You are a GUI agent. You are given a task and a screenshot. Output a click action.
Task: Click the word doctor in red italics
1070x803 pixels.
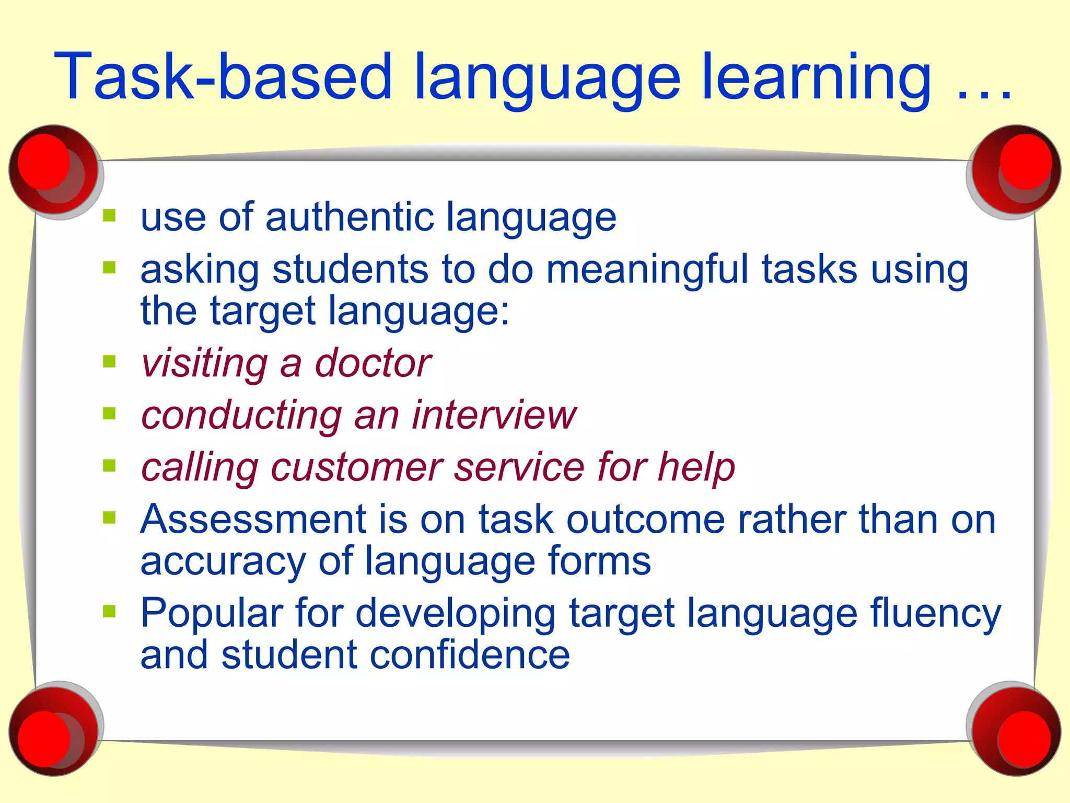click(x=373, y=363)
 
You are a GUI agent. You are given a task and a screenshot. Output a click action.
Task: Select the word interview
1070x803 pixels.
click(x=493, y=415)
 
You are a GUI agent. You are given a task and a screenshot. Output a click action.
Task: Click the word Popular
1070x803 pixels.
click(x=211, y=613)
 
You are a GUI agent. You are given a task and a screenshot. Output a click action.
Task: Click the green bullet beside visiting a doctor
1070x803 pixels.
click(x=109, y=361)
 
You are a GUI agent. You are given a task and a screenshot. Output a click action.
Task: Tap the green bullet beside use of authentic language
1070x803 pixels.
click(x=109, y=215)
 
